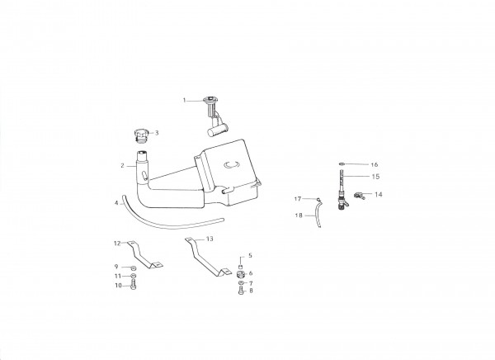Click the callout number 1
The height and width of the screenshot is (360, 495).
coord(184,101)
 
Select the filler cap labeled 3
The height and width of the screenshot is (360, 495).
coord(141,135)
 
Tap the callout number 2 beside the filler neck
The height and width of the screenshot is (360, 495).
coord(122,166)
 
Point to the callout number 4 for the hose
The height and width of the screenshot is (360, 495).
coord(116,203)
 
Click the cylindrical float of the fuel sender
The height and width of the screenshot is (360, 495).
coord(217,130)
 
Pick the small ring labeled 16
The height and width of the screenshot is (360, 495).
coord(342,164)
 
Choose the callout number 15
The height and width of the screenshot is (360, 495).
coord(375,177)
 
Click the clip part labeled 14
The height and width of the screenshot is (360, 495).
coord(359,196)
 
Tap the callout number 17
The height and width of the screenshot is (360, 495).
coord(298,199)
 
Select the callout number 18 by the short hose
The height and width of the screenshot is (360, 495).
coord(299,216)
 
